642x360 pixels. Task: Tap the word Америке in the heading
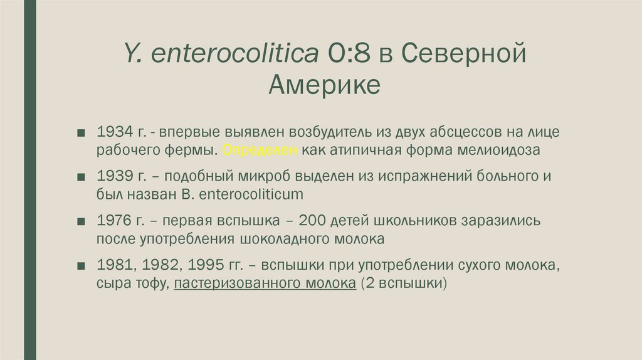pos(324,84)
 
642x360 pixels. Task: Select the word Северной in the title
pos(463,54)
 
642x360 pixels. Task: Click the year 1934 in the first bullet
pos(114,132)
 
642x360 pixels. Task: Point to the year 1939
pos(114,177)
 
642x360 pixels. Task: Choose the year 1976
pos(114,221)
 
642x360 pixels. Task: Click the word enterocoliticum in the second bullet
pos(251,195)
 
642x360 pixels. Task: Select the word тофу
pos(151,283)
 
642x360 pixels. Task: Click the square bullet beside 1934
pos(82,133)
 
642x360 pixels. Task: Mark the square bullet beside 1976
pos(82,222)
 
